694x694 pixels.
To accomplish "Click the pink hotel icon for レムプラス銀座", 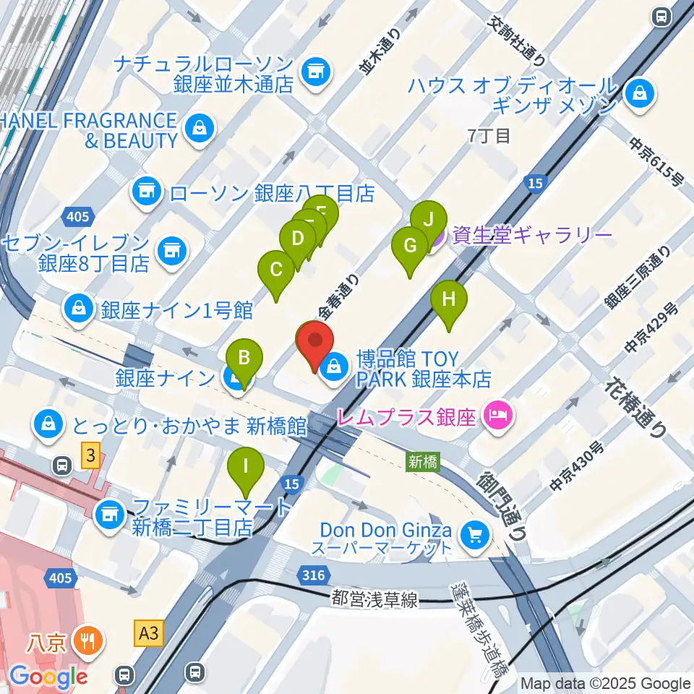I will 497,416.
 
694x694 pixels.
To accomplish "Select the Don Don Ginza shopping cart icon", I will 475,535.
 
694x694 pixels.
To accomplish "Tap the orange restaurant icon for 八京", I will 90,640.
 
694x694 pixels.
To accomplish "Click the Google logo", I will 48,676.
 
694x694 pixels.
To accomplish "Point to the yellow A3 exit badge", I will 148,634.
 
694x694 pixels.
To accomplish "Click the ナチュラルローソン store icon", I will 314,70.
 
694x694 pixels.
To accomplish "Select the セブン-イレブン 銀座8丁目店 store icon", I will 171,250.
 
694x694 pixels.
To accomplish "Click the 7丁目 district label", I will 489,135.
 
